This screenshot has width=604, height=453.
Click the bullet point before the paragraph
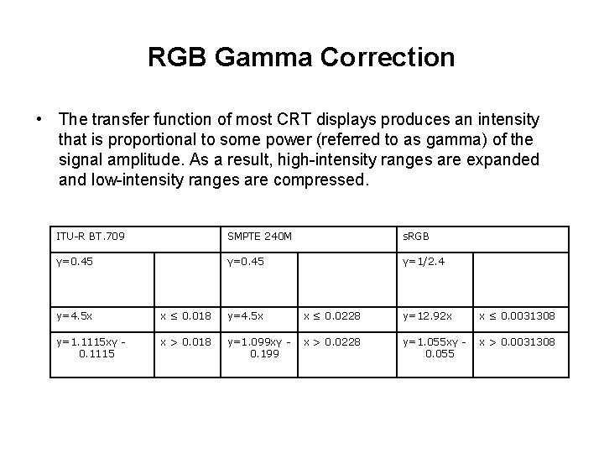[x=39, y=120]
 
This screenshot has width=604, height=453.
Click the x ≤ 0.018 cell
[x=186, y=315]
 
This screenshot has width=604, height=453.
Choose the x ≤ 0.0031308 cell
[x=517, y=315]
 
